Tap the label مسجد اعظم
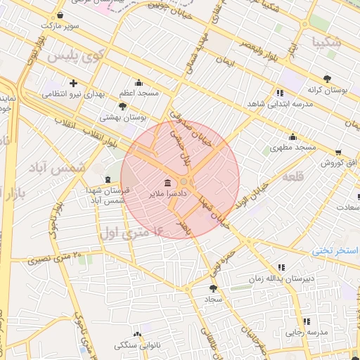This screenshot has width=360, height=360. pyautogui.click(x=139, y=93)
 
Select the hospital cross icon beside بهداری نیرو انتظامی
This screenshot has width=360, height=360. pyautogui.click(x=72, y=83)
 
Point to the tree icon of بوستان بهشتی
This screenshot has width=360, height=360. pyautogui.click(x=123, y=106)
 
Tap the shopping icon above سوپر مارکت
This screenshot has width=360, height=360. pyautogui.click(x=60, y=15)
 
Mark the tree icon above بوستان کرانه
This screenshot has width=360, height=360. pyautogui.click(x=327, y=79)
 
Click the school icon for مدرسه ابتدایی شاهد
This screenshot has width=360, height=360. pyautogui.click(x=281, y=93)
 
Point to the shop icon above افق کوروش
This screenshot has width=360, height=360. pyautogui.click(x=338, y=152)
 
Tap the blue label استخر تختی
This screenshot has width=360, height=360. pyautogui.click(x=335, y=250)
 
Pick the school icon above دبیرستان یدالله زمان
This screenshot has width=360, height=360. pyautogui.click(x=281, y=267)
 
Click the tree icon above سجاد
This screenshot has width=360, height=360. pyautogui.click(x=213, y=288)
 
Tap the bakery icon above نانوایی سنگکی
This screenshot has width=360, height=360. pyautogui.click(x=137, y=335)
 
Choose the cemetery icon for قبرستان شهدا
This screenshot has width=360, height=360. pyautogui.click(x=108, y=179)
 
